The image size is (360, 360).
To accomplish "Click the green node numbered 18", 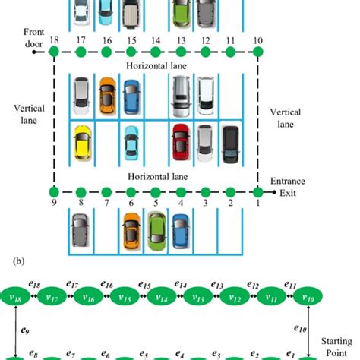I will [x=54, y=52].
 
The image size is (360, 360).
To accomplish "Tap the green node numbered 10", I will [x=258, y=52].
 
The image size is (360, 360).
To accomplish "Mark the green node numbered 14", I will [x=156, y=52].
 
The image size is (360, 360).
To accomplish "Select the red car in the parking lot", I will [x=181, y=141].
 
